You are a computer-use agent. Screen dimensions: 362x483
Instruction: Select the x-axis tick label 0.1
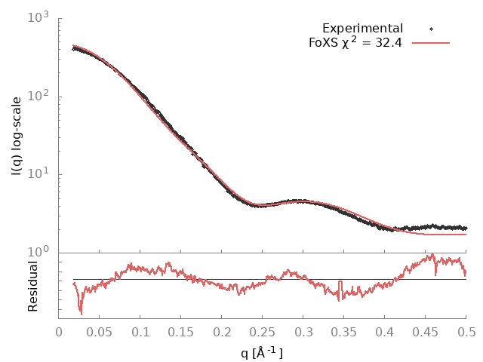(140, 332)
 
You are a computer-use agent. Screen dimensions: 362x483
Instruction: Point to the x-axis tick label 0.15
(181, 332)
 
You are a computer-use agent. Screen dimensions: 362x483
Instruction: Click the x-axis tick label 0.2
(222, 332)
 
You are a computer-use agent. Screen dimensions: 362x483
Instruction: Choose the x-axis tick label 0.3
(303, 332)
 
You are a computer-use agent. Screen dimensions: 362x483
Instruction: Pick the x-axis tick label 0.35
(344, 332)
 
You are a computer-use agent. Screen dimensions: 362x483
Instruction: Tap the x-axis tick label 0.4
(385, 332)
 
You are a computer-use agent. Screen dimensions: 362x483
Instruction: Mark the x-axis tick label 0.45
(426, 332)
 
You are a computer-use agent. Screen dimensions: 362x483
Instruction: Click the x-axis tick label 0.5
(466, 332)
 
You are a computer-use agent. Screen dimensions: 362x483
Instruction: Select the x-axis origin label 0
(59, 332)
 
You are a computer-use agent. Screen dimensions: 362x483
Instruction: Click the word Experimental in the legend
(362, 29)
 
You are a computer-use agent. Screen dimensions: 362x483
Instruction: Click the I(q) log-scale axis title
(17, 136)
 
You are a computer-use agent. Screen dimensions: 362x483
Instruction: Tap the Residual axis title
(33, 286)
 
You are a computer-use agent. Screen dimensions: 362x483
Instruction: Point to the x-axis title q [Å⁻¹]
(263, 351)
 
